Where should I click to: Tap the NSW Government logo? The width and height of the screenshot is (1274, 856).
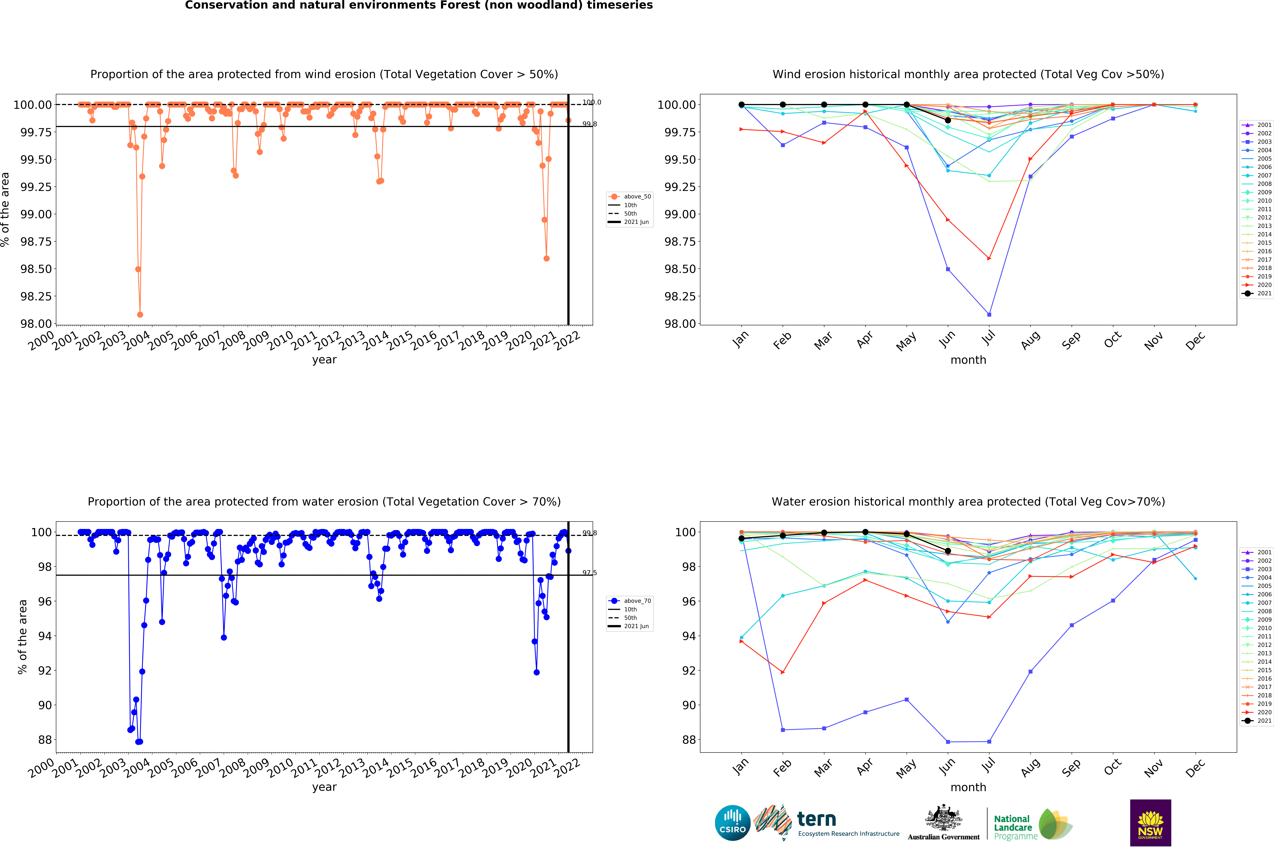pyautogui.click(x=1150, y=823)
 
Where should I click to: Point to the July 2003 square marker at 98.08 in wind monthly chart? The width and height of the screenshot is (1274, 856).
pyautogui.click(x=989, y=314)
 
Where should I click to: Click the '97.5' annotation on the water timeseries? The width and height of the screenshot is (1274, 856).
pyautogui.click(x=589, y=573)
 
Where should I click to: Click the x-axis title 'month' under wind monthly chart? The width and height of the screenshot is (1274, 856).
pyautogui.click(x=968, y=360)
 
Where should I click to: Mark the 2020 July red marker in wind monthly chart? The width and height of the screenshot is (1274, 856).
pyautogui.click(x=989, y=258)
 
